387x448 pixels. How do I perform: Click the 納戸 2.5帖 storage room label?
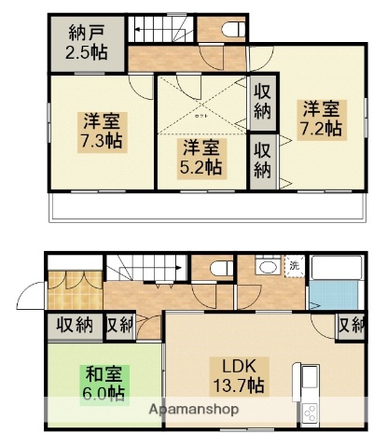[x=84, y=42]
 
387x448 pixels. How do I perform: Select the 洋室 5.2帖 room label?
[x=200, y=157]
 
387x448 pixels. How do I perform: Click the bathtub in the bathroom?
[x=334, y=268]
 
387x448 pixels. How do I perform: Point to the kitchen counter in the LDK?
[x=308, y=392]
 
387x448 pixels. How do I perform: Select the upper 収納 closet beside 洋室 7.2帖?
[x=262, y=102]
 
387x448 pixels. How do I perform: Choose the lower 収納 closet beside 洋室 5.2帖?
[x=262, y=159]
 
